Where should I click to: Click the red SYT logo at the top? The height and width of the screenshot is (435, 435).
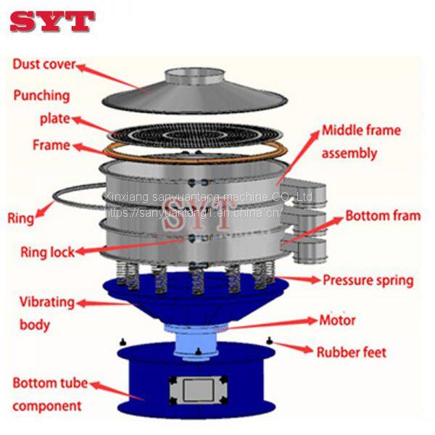pyautogui.click(x=52, y=20)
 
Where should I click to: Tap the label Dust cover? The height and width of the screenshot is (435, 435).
pyautogui.click(x=43, y=65)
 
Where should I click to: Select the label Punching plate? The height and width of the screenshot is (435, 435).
pyautogui.click(x=41, y=106)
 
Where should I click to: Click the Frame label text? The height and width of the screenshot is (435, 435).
pyautogui.click(x=51, y=145)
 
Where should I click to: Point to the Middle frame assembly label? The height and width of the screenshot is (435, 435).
pyautogui.click(x=360, y=142)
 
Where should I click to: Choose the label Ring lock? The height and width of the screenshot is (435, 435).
pyautogui.click(x=45, y=252)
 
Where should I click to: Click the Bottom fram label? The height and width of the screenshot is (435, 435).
pyautogui.click(x=382, y=215)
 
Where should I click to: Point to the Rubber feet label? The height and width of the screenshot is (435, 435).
pyautogui.click(x=351, y=353)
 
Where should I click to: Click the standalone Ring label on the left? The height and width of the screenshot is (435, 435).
pyautogui.click(x=20, y=217)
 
